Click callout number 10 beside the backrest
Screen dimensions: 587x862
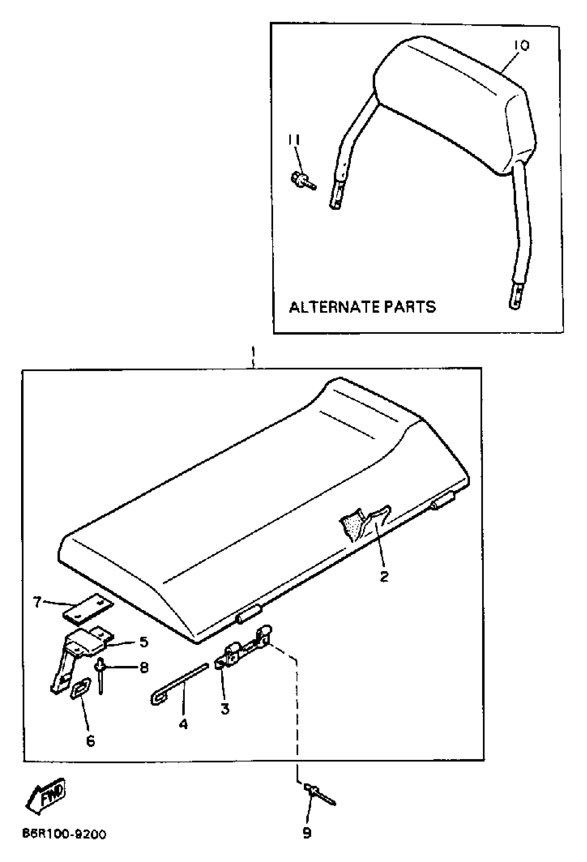tap(521, 46)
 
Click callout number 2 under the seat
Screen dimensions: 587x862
tap(384, 576)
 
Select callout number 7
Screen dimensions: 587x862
tap(37, 603)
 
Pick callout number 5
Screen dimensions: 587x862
tap(144, 642)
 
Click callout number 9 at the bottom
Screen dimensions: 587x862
tap(307, 833)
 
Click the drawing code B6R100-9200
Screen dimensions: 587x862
tap(64, 834)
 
